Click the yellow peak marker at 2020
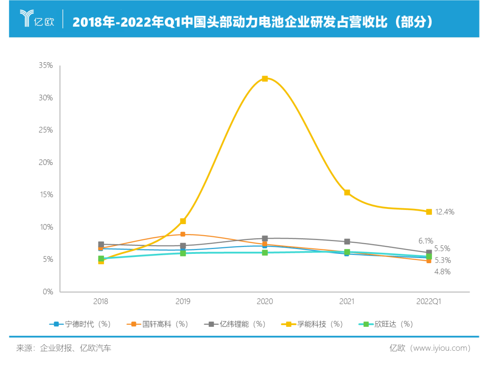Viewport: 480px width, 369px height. [265, 79]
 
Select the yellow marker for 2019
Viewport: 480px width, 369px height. [183, 221]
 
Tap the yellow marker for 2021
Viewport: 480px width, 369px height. [347, 193]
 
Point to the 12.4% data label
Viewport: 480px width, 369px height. [444, 212]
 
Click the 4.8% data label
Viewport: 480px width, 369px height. [442, 271]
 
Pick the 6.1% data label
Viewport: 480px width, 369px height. [426, 241]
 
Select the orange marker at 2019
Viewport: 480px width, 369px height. [183, 234]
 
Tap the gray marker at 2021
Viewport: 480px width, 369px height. [347, 241]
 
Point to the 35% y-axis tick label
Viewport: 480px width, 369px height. [46, 65]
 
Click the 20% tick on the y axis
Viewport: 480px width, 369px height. [46, 162]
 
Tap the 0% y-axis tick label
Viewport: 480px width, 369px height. [48, 292]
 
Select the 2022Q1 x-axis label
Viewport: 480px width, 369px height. [429, 301]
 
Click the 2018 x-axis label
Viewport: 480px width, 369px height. [101, 301]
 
